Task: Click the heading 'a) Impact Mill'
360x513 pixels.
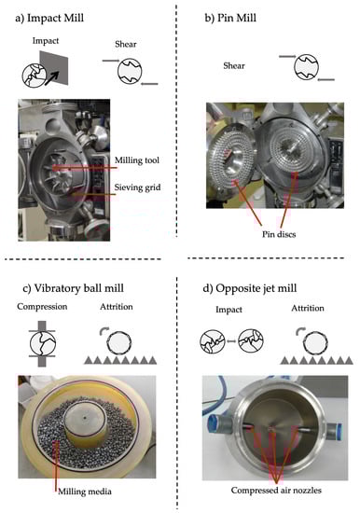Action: (49, 18)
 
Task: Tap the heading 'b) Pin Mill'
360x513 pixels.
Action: (230, 18)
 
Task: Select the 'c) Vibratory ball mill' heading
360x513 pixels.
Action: (74, 288)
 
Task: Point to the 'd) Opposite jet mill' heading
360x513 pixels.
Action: (250, 288)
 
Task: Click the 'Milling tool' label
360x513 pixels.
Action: (137, 160)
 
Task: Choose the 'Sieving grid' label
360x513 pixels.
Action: (137, 187)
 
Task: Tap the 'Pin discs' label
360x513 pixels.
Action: (279, 234)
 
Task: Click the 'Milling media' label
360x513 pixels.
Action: (85, 492)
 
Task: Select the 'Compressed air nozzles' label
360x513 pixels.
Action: (276, 490)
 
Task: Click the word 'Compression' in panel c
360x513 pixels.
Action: (42, 307)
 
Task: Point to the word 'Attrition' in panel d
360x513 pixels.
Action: (308, 308)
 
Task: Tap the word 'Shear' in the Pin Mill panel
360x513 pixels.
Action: (234, 65)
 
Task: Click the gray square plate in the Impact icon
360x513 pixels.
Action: (54, 68)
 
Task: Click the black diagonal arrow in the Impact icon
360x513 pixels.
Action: (51, 78)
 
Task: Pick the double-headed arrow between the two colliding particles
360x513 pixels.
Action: (231, 341)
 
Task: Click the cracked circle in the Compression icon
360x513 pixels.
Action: (43, 344)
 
